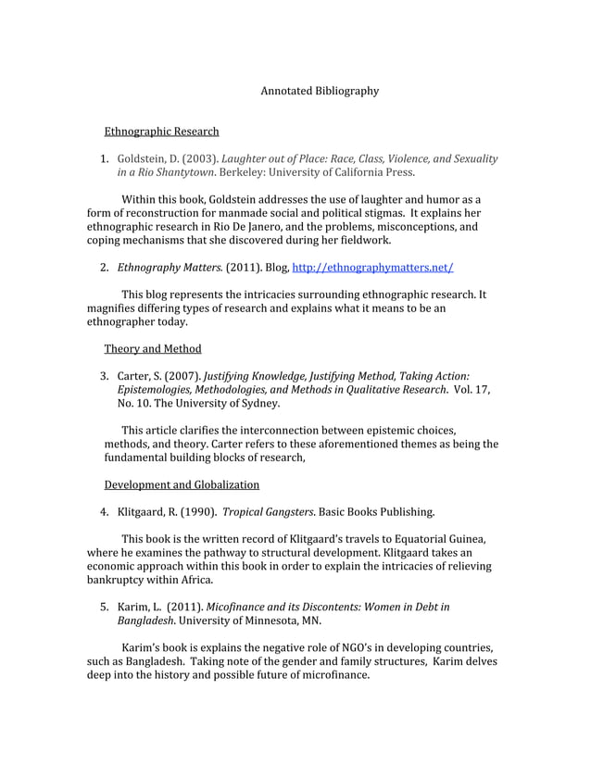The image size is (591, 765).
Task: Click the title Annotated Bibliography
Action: click(x=320, y=91)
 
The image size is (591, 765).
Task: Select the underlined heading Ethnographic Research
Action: click(x=161, y=132)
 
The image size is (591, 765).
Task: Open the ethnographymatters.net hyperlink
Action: click(x=372, y=268)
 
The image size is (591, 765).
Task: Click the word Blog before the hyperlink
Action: click(x=270, y=268)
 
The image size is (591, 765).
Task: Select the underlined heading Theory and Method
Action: click(x=152, y=348)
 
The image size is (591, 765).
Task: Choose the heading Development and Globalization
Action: click(x=182, y=484)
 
